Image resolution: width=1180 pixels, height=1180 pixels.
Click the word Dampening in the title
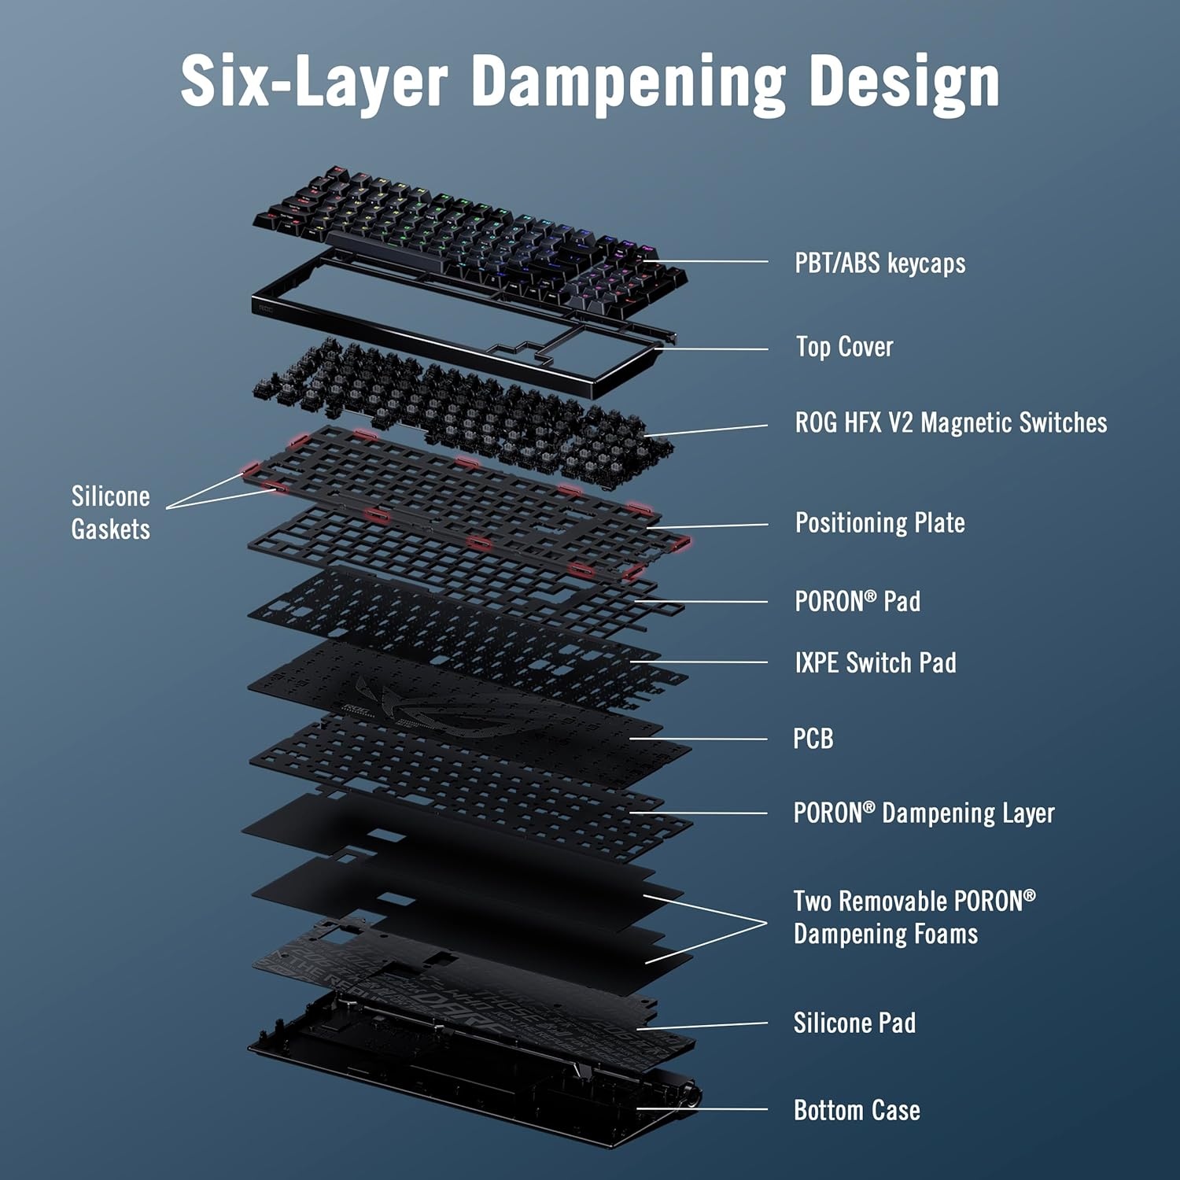[x=628, y=83]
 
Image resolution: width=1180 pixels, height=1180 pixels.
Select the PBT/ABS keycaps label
[x=879, y=263]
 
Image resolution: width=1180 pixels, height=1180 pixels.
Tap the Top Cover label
[x=844, y=347]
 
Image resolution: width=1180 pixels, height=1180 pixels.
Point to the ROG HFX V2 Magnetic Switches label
[x=950, y=422]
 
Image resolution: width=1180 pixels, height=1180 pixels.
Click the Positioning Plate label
[x=879, y=523]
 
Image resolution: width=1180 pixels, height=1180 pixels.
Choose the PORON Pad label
[x=857, y=602]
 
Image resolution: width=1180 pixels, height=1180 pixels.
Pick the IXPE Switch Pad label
[x=875, y=663]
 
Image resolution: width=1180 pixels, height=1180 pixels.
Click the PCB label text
[x=813, y=739]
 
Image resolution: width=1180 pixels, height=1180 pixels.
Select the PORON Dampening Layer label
[x=924, y=813]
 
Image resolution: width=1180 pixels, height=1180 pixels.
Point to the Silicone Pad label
[x=854, y=1023]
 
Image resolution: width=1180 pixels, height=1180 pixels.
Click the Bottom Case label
[x=857, y=1110]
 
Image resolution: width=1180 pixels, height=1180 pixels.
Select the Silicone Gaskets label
[x=110, y=512]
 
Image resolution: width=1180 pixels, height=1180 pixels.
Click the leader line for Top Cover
[x=712, y=348]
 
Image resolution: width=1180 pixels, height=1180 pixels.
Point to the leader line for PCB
[x=700, y=739]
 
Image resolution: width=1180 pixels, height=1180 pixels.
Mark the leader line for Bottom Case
[x=704, y=1109]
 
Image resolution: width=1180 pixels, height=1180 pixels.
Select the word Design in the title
[x=905, y=83]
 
